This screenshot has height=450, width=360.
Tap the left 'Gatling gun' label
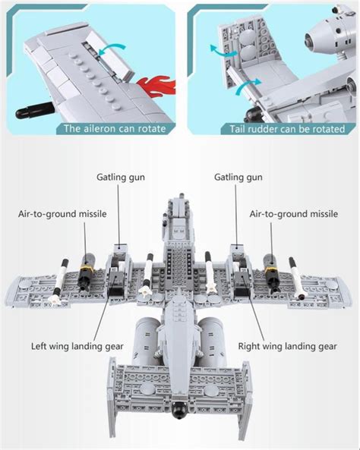click(122, 178)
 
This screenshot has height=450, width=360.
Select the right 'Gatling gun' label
click(238, 178)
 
